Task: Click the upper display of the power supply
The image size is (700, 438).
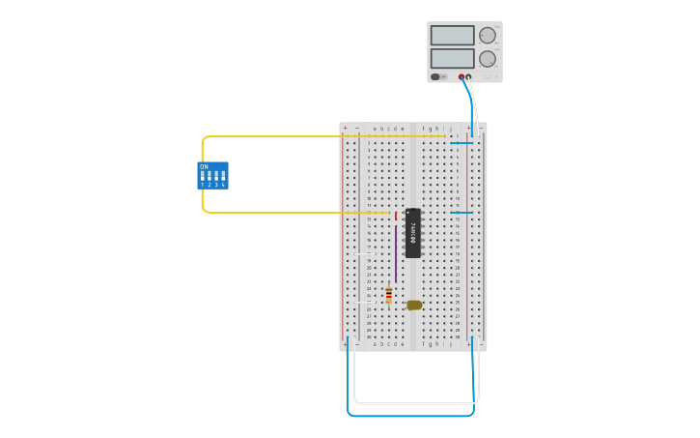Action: click(x=452, y=36)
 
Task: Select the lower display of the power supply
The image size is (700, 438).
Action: click(x=452, y=58)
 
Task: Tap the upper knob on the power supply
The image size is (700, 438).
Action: click(x=488, y=36)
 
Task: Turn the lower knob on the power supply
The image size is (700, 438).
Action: click(x=488, y=59)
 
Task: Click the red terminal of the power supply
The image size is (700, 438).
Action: click(x=462, y=77)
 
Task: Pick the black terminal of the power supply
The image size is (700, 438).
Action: click(x=469, y=77)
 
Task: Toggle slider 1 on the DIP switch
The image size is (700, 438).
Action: click(x=203, y=177)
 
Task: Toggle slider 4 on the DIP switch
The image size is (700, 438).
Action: click(x=223, y=177)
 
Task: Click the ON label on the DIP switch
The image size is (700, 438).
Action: click(x=204, y=166)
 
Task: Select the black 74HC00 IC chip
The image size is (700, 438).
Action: click(x=412, y=233)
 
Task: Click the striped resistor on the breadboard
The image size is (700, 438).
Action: click(x=389, y=296)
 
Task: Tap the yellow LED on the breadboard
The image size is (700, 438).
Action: click(x=414, y=305)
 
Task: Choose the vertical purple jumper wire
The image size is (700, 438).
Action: click(x=396, y=254)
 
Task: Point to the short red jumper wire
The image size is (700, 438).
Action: click(x=396, y=216)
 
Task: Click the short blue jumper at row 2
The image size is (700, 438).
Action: click(x=462, y=143)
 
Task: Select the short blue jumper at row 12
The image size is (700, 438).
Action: click(x=462, y=213)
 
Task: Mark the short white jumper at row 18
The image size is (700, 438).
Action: click(x=363, y=254)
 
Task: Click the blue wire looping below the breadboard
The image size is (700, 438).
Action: click(x=410, y=416)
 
